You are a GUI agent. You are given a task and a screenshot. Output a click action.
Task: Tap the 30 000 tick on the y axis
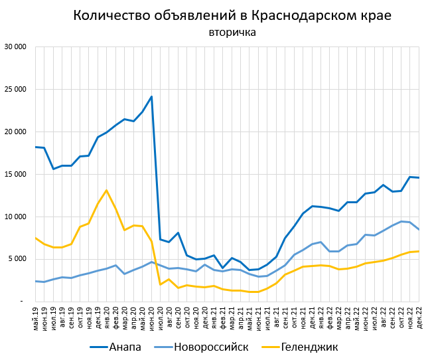click(x=14, y=47)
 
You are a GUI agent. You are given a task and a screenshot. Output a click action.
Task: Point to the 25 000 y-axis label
click(x=14, y=90)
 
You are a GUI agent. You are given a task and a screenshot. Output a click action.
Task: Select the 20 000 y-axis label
click(x=14, y=132)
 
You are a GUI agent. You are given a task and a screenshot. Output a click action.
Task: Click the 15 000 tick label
click(x=14, y=174)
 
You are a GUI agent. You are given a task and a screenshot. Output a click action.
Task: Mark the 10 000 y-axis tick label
click(x=14, y=217)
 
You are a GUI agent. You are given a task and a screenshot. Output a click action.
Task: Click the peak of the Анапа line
click(x=151, y=97)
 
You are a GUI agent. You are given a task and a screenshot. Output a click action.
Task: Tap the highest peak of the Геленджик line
click(x=107, y=191)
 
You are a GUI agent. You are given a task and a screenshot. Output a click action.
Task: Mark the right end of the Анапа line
click(x=419, y=177)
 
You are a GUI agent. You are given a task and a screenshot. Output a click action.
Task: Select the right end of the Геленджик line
click(x=419, y=251)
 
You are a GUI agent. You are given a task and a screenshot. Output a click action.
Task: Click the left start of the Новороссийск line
click(x=35, y=281)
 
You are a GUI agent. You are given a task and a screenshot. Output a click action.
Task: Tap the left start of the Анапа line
click(x=35, y=147)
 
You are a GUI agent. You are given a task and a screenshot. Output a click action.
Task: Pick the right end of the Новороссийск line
click(x=419, y=229)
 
